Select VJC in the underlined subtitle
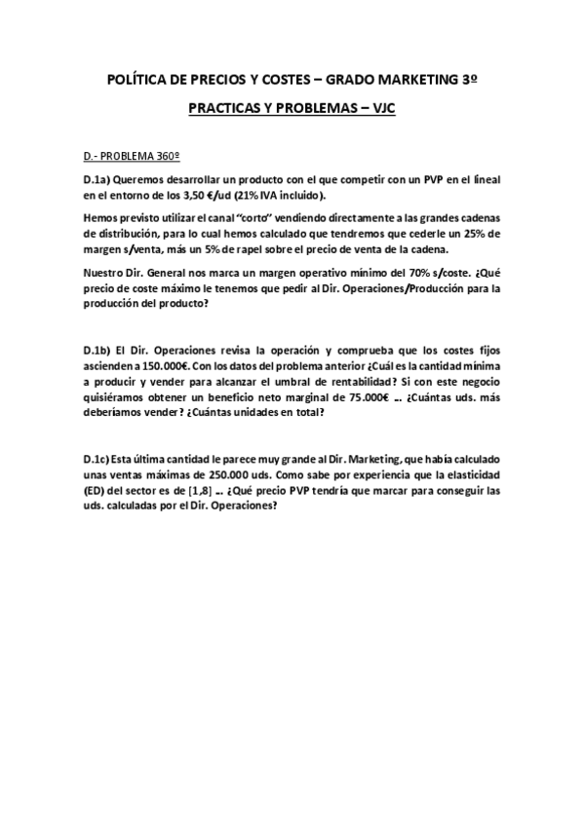381,111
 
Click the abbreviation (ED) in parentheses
96,491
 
